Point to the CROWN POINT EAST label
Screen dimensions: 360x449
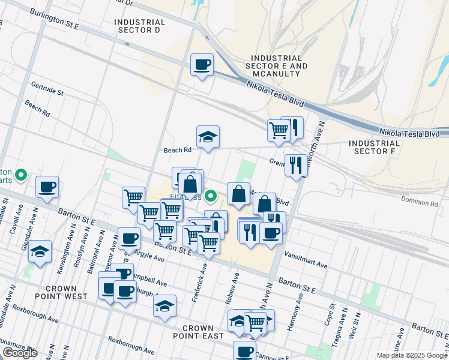198,332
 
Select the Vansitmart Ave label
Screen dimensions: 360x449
306,265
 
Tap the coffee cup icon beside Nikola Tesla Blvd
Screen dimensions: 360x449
202,64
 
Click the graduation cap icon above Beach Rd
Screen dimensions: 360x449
208,137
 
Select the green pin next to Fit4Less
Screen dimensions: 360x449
211,196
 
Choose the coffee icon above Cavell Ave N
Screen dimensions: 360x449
47,187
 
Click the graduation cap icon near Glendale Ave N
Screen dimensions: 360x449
40,251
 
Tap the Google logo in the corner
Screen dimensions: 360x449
20,353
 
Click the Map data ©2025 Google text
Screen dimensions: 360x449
412,355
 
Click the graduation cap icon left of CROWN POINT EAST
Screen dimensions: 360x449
164,306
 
